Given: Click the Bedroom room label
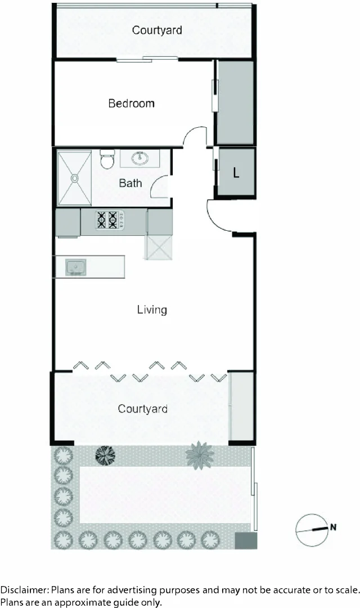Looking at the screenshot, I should point(131,104).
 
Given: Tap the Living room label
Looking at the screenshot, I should point(152,310).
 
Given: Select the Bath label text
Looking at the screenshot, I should point(130,184).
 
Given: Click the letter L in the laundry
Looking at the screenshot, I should point(236,173).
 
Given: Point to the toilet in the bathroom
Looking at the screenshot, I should point(107,160).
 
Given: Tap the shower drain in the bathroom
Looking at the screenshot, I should point(75,178).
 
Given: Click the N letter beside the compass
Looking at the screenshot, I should point(333,527).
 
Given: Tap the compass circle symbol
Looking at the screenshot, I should point(311,530).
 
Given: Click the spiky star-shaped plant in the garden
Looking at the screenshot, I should point(200,454).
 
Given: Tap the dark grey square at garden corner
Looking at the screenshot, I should point(245,540).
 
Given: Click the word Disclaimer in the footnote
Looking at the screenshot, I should point(24,591).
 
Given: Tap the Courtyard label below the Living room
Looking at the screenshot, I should point(142,409).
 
